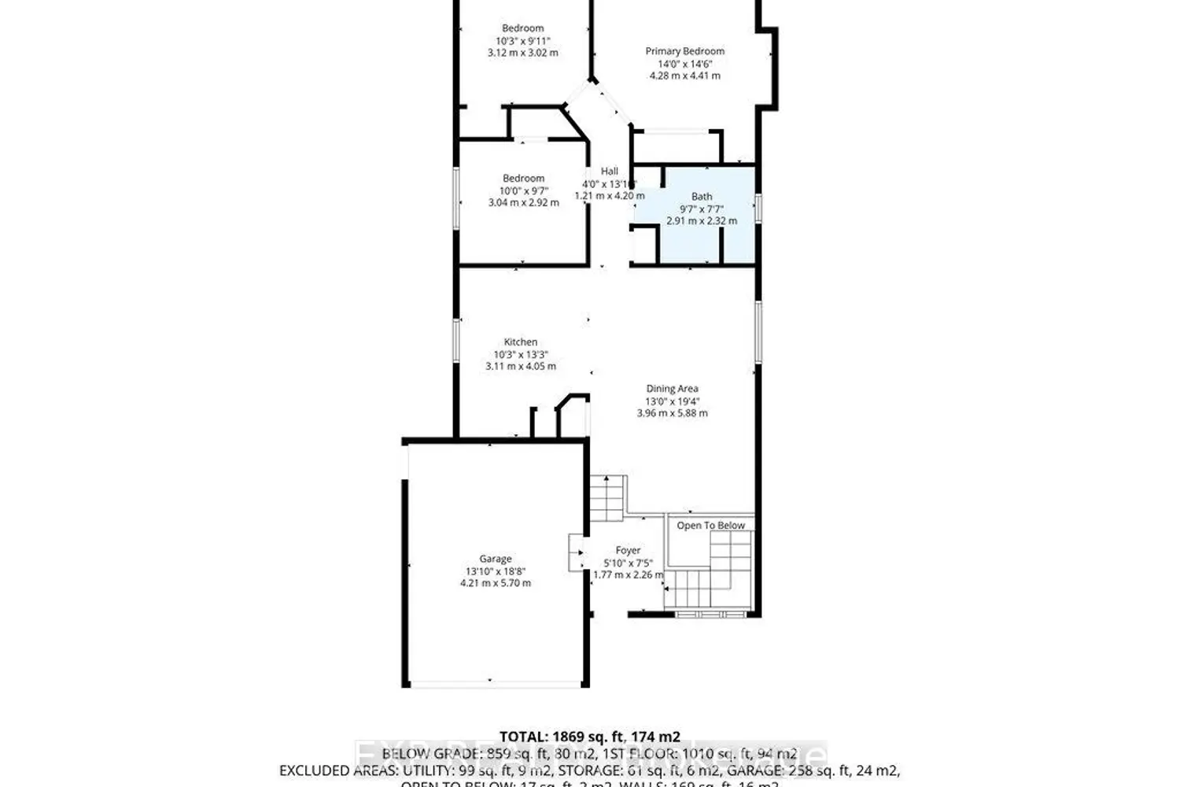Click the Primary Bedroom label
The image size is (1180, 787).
[684, 51]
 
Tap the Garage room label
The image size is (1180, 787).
[496, 559]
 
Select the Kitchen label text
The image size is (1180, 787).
[521, 342]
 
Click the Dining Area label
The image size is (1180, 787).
[672, 388]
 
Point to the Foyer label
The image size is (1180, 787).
[628, 550]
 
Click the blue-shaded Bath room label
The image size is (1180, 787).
[702, 197]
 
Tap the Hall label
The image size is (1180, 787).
[610, 171]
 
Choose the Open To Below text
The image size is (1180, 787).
[710, 525]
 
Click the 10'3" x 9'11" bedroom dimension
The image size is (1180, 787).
[523, 41]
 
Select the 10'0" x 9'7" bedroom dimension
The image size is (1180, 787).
[523, 190]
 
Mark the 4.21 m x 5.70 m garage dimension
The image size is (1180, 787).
[496, 583]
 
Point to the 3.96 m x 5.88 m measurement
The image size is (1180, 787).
[672, 412]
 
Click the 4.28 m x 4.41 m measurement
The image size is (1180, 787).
[684, 76]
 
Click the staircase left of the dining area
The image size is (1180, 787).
[607, 497]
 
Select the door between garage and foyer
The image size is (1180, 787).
[576, 553]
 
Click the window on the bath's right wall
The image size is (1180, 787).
[758, 208]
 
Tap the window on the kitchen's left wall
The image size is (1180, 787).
[455, 342]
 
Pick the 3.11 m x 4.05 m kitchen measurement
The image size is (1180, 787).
[521, 366]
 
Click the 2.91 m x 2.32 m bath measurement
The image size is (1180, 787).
[702, 221]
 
